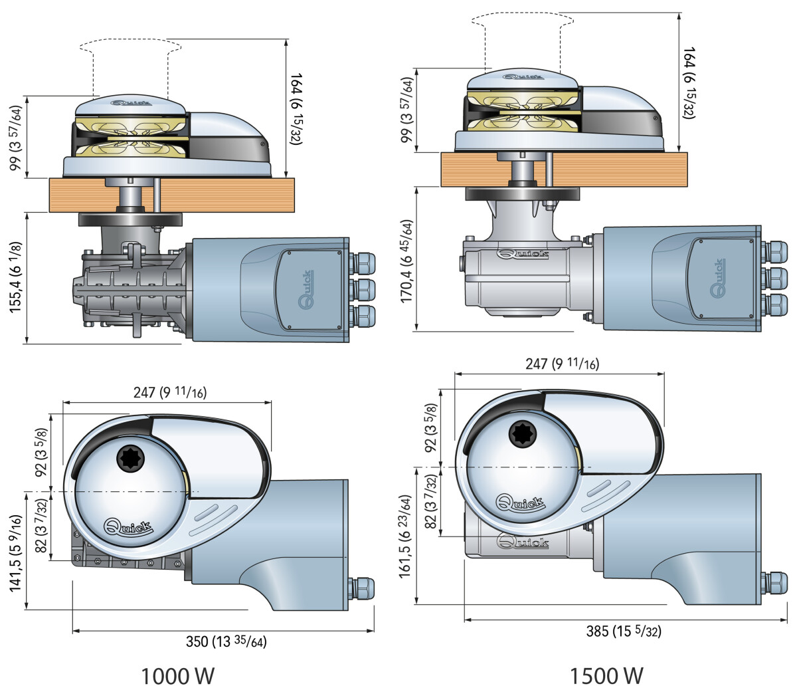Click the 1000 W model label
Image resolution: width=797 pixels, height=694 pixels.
pos(178,676)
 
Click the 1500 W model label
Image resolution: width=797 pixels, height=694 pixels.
pos(606,675)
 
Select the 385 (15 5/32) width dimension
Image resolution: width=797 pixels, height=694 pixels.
pos(624,631)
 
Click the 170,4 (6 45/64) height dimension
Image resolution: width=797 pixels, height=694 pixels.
pos(407,261)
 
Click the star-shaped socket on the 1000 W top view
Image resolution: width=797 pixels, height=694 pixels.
pos(128,458)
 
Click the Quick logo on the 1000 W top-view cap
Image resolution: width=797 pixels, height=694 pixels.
pos(128,527)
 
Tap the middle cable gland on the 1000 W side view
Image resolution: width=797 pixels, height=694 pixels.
pos(362,289)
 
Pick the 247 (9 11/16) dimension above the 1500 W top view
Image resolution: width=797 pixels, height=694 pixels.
pos(562,364)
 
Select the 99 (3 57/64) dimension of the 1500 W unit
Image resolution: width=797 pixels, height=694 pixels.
pos(407,110)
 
